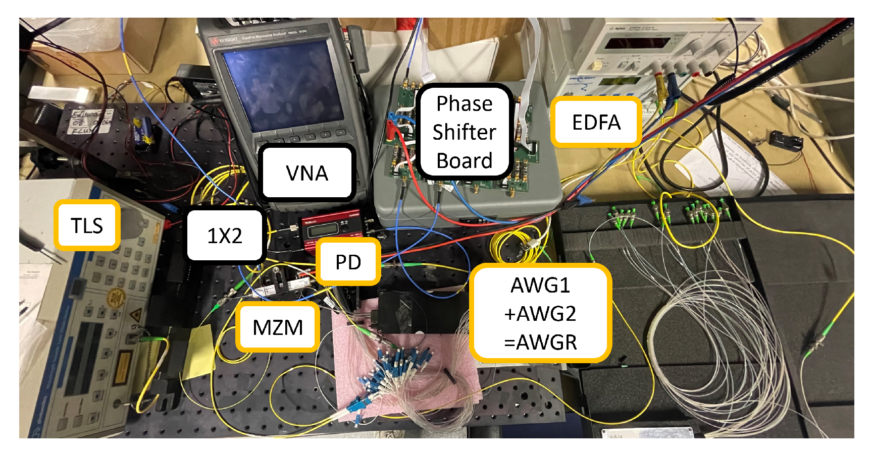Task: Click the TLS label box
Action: pos(87,225)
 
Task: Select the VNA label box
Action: pos(306,173)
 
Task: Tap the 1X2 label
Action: pos(225,235)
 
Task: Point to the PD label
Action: pos(348,262)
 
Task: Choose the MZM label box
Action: pos(278,327)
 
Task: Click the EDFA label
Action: pos(596,122)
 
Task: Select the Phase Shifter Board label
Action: pos(464,132)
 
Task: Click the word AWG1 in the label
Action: pos(540,285)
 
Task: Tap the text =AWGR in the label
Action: pos(540,343)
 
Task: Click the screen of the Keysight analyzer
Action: pos(283,86)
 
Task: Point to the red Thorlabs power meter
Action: pos(331,230)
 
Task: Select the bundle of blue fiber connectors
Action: pos(389,373)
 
